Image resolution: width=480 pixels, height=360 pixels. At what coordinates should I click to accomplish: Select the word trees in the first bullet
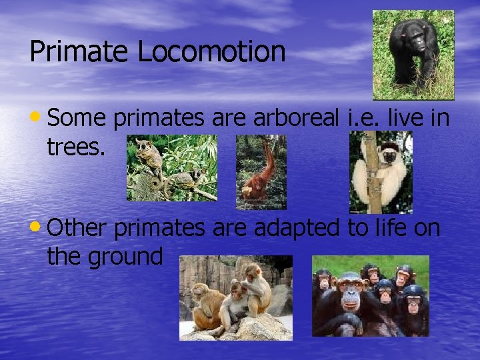(75, 147)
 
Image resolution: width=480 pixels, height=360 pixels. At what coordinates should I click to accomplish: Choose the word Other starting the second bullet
(77, 228)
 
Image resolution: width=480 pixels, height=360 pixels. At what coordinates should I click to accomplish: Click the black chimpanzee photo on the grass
(413, 55)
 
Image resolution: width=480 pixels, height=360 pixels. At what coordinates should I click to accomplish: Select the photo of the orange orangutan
(261, 172)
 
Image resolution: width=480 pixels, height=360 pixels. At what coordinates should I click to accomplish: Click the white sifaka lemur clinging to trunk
(381, 172)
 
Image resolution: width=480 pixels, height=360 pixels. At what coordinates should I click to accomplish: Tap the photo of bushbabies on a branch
(172, 168)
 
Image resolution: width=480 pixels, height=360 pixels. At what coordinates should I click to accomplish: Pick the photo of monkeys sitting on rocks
(235, 297)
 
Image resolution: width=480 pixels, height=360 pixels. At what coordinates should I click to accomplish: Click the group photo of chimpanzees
(371, 296)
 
